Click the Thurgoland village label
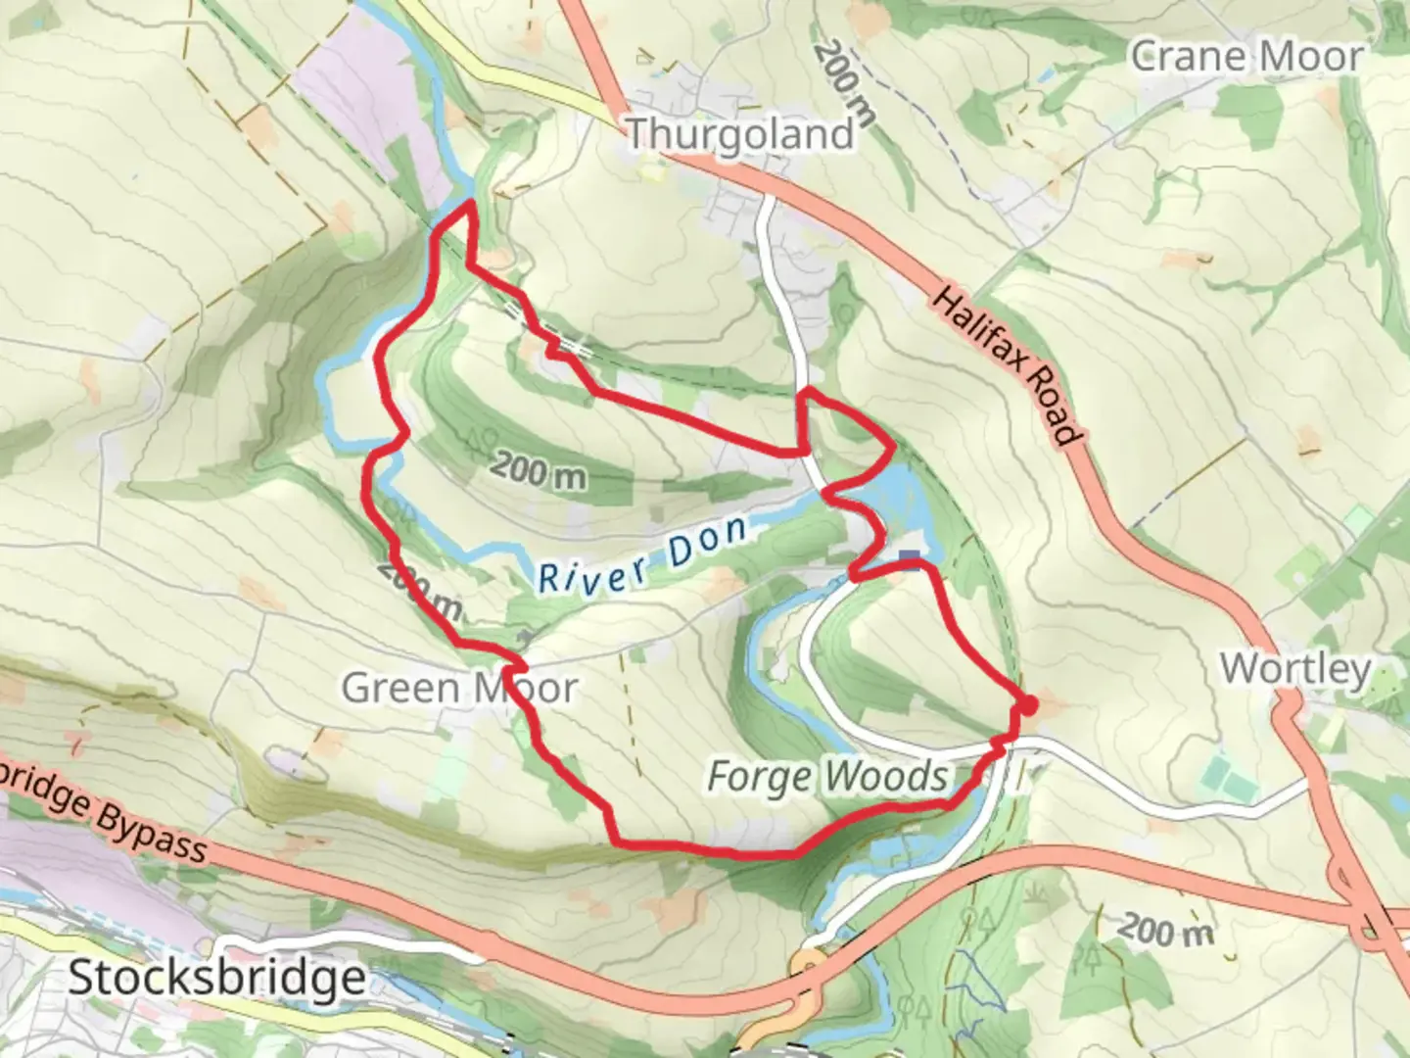pos(739,133)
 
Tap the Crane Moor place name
pos(1245,56)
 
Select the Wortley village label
pos(1294,669)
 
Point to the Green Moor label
pos(459,688)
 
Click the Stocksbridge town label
pos(216,977)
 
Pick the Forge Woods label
pos(827,777)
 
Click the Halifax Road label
pos(1007,365)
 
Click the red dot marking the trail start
pos(1027,705)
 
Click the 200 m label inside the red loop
pos(539,471)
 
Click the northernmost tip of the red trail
pos(470,202)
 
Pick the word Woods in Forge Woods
pos(886,777)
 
